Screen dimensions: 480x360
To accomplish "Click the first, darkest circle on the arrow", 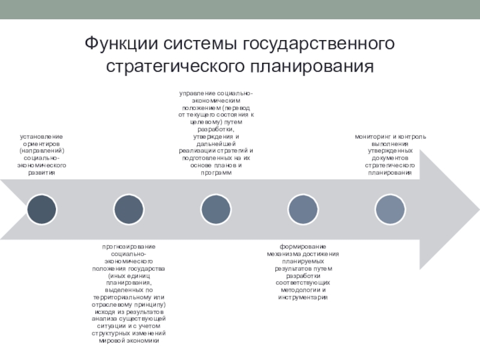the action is click(x=41, y=209).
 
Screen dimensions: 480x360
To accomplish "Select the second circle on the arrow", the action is click(x=128, y=209).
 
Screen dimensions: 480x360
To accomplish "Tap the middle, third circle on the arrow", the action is click(x=216, y=209).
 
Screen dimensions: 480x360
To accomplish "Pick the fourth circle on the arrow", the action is click(x=303, y=209).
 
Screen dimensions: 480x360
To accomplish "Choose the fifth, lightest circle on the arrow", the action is click(x=390, y=209).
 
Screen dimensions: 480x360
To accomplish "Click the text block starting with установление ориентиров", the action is click(x=41, y=154).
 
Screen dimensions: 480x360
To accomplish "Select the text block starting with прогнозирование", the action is click(x=128, y=293).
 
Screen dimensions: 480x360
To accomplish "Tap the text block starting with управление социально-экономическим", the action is click(x=216, y=133).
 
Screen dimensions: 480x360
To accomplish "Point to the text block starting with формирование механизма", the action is click(x=303, y=272).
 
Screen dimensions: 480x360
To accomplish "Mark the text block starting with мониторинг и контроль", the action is click(x=390, y=154).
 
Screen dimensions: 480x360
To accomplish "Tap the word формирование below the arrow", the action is click(x=303, y=247).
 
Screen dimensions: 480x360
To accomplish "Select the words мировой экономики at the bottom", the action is click(x=128, y=340).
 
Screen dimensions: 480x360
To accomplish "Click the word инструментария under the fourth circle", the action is click(x=303, y=297).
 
